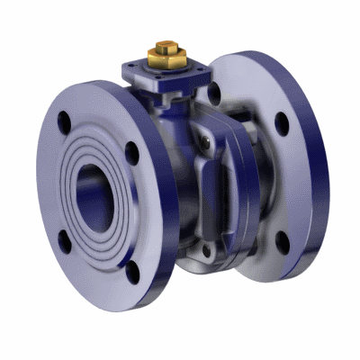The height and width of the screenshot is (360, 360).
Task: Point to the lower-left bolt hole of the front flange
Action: click(64, 238)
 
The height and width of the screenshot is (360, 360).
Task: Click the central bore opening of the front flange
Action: click(94, 193)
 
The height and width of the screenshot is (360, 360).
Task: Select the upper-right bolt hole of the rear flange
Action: click(282, 123)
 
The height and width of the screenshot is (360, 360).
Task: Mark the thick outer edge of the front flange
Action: click(162, 207)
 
